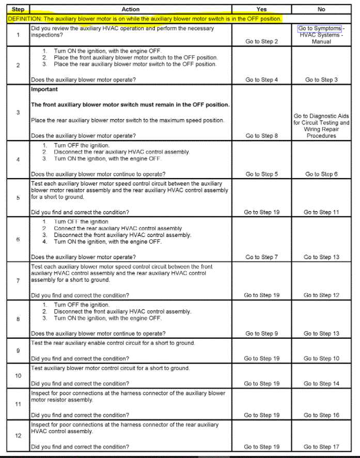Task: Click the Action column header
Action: pyautogui.click(x=130, y=9)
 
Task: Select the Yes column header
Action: pyautogui.click(x=261, y=9)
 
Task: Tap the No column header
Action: pyautogui.click(x=322, y=9)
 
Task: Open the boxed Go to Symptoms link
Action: pyautogui.click(x=320, y=28)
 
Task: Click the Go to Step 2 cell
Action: pyautogui.click(x=261, y=41)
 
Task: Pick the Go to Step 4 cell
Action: pyautogui.click(x=261, y=80)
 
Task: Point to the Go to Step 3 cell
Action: pyautogui.click(x=321, y=80)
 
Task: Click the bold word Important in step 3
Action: pyautogui.click(x=44, y=89)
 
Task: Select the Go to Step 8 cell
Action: pyautogui.click(x=261, y=136)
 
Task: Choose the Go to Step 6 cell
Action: pyautogui.click(x=321, y=174)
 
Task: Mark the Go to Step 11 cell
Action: pyautogui.click(x=321, y=212)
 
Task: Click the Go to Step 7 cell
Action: pyautogui.click(x=261, y=257)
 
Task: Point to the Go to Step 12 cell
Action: pyautogui.click(x=321, y=295)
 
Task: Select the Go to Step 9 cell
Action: pyautogui.click(x=261, y=334)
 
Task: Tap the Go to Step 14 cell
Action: pyautogui.click(x=321, y=384)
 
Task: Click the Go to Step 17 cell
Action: pyautogui.click(x=321, y=447)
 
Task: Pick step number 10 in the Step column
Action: pyautogui.click(x=18, y=375)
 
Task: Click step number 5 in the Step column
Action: pyautogui.click(x=18, y=198)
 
